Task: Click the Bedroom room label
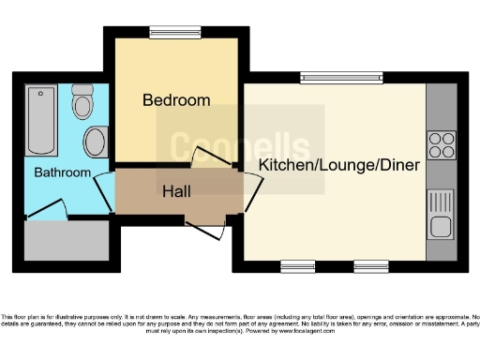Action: pyautogui.click(x=175, y=99)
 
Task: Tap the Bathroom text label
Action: pyautogui.click(x=63, y=172)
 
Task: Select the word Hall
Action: pyautogui.click(x=176, y=191)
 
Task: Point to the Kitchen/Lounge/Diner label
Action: pyautogui.click(x=338, y=164)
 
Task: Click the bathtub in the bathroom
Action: pyautogui.click(x=40, y=121)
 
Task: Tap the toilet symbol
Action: pyautogui.click(x=82, y=102)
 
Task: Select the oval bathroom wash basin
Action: pyautogui.click(x=95, y=142)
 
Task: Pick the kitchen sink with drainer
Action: pyautogui.click(x=440, y=213)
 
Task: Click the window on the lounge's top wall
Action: pyautogui.click(x=340, y=78)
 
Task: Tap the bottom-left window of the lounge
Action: pyautogui.click(x=297, y=266)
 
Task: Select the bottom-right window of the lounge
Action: pyautogui.click(x=371, y=266)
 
